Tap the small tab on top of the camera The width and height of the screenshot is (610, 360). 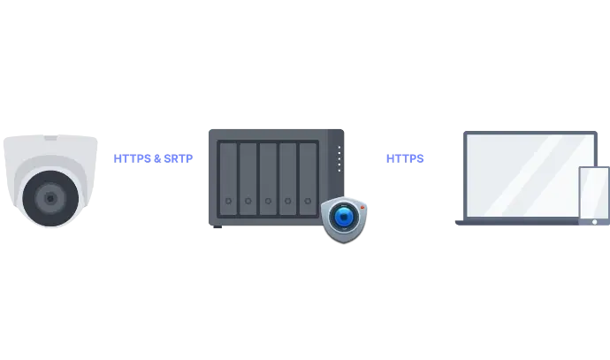(50, 138)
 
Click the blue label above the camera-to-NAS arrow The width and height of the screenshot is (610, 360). (154, 157)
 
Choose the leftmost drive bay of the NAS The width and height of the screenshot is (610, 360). (228, 178)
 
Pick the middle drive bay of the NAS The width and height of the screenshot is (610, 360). (268, 178)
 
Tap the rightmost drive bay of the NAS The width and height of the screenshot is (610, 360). (308, 178)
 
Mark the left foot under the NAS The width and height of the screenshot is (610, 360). (219, 229)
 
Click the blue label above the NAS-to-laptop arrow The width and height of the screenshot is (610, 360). (403, 157)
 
